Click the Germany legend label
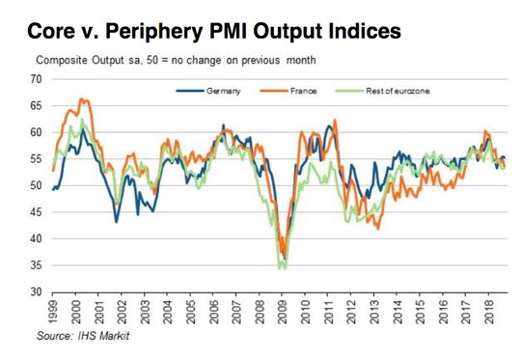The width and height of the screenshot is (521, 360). tap(223, 91)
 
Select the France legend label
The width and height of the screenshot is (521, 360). tap(303, 91)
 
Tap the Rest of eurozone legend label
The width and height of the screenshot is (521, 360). tap(398, 91)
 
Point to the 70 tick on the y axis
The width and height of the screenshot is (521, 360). tap(37, 79)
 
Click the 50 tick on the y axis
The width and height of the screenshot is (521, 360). tap(37, 185)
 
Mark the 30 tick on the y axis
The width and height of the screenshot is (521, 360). tap(37, 291)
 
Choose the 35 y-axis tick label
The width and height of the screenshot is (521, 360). tap(37, 265)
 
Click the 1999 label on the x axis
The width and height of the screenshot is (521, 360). tap(53, 312)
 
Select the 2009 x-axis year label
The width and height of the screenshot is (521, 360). tap(283, 312)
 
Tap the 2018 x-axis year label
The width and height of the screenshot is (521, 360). tap(489, 312)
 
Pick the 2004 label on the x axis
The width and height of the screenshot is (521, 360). tap(168, 312)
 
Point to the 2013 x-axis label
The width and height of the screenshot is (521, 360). tap(374, 312)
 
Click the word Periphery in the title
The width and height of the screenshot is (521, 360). tap(153, 32)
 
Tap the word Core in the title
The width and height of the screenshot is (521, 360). tap(51, 31)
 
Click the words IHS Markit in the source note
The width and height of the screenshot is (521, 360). tap(103, 336)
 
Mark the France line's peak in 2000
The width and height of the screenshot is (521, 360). tap(80, 98)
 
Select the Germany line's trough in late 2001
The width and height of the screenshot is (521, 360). tap(116, 222)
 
